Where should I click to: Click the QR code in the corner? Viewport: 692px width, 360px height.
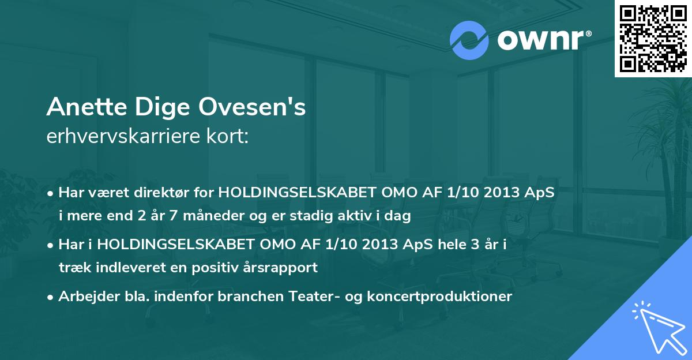[x=653, y=39]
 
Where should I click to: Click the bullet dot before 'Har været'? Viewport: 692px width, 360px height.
[x=51, y=193]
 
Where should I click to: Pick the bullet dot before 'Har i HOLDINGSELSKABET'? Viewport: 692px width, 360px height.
[x=51, y=245]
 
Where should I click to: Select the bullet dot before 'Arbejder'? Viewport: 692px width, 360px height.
[x=51, y=297]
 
